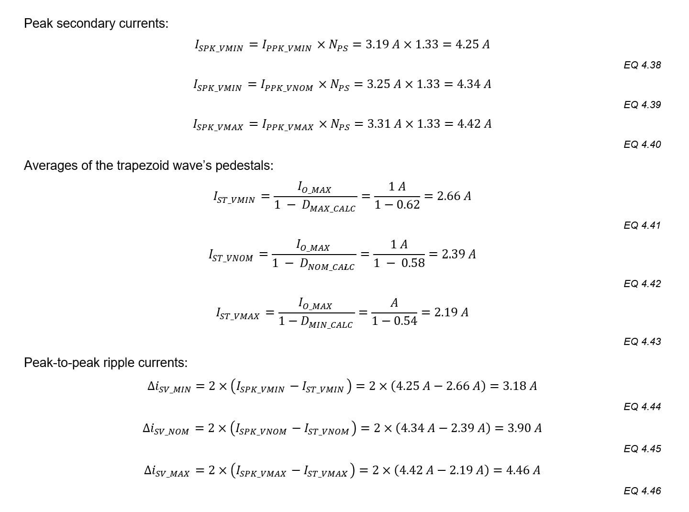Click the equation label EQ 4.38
pyautogui.click(x=642, y=65)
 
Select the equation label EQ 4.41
pyautogui.click(x=642, y=225)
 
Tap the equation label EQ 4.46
pyautogui.click(x=642, y=491)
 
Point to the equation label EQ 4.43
pyautogui.click(x=642, y=342)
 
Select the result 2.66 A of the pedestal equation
pyautogui.click(x=454, y=196)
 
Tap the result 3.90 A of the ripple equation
pyautogui.click(x=524, y=428)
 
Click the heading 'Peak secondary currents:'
pyautogui.click(x=96, y=23)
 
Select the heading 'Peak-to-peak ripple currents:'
pyautogui.click(x=106, y=363)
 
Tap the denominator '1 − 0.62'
pyautogui.click(x=397, y=205)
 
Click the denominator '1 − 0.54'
pyautogui.click(x=394, y=321)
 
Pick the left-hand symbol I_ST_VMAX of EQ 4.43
pyautogui.click(x=237, y=314)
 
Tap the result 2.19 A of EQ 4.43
pyautogui.click(x=451, y=312)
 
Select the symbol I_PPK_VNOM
pyautogui.click(x=287, y=85)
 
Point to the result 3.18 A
pyautogui.click(x=520, y=386)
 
